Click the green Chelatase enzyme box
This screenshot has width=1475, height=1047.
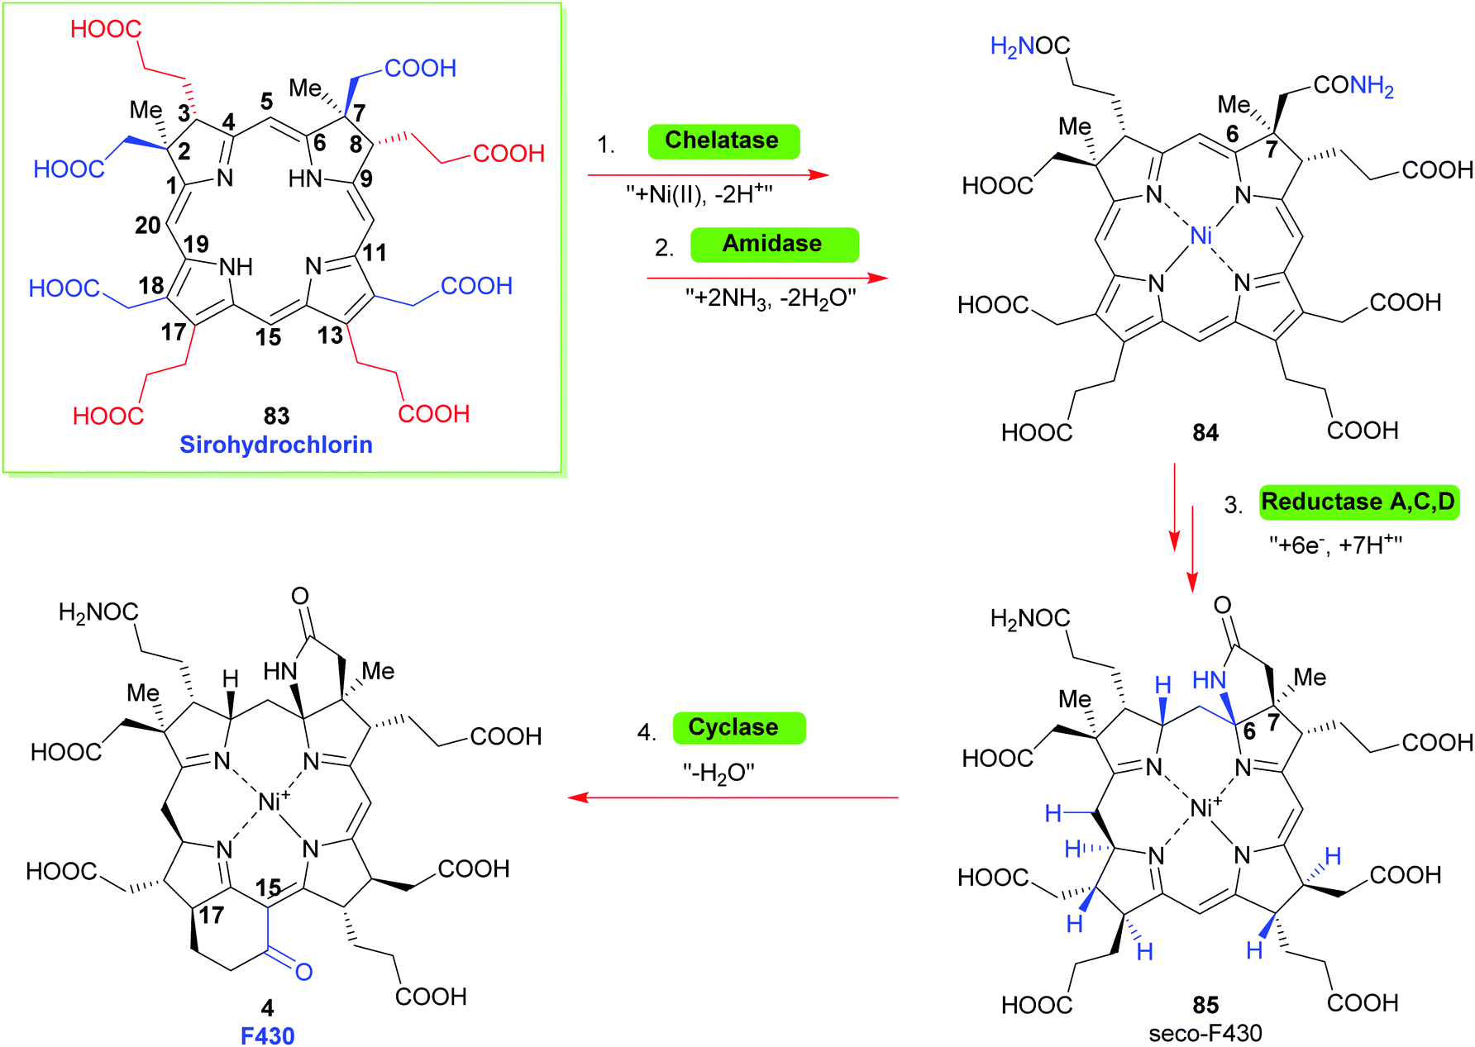click(x=723, y=140)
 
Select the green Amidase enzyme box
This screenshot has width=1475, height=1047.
click(x=774, y=244)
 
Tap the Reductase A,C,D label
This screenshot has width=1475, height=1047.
click(x=1358, y=502)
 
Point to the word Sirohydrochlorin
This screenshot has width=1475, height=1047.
click(x=276, y=445)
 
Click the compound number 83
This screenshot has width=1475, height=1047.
click(x=276, y=416)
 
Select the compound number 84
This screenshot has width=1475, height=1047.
click(x=1205, y=432)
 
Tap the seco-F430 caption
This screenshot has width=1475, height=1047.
click(x=1205, y=1033)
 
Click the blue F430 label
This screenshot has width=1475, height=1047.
click(x=267, y=1035)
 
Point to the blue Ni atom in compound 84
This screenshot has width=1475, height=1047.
click(x=1201, y=236)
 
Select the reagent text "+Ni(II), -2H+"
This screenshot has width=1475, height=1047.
click(x=699, y=194)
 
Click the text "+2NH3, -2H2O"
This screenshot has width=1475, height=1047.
click(x=770, y=297)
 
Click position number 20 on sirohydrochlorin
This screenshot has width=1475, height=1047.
click(x=147, y=225)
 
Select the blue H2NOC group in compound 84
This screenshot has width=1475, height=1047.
click(x=1029, y=46)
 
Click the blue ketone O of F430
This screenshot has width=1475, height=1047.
click(x=304, y=972)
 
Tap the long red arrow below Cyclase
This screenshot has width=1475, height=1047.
click(x=733, y=797)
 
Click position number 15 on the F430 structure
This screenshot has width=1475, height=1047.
click(x=268, y=888)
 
